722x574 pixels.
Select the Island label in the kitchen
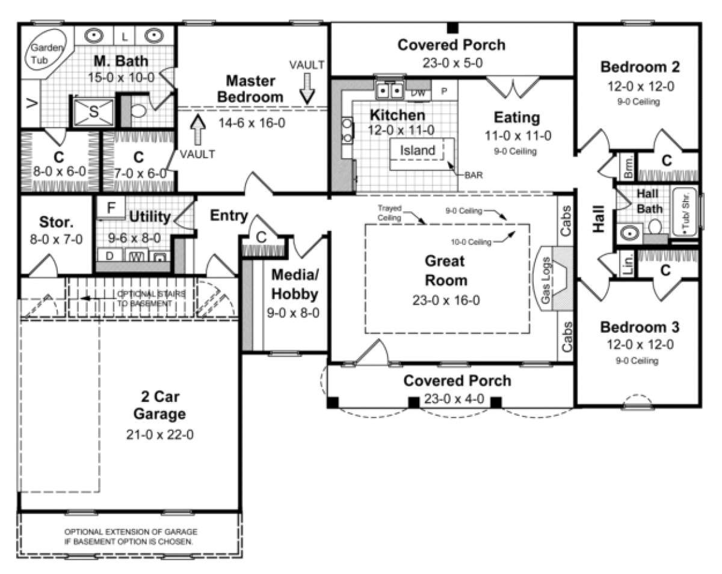coord(418,150)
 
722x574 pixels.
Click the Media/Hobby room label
coord(294,285)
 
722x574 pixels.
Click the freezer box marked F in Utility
coord(111,208)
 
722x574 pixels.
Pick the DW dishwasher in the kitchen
coord(418,93)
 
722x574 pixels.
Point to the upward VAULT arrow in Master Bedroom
coord(197,127)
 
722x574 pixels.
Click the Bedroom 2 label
coord(640,67)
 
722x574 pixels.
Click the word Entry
coord(229,215)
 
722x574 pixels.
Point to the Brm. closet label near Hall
coord(628,168)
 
